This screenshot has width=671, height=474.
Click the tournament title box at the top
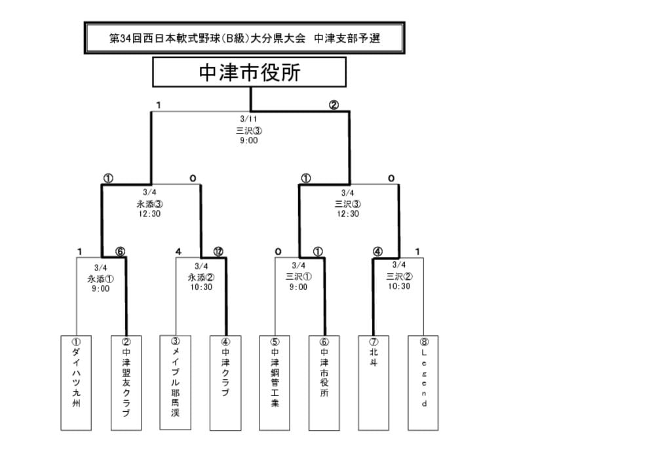244,38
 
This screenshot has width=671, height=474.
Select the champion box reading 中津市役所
249,72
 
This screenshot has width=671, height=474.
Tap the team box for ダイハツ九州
76,383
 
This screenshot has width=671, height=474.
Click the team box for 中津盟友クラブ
126,383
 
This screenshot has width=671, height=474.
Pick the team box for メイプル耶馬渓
176,382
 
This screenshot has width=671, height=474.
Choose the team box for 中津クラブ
225,383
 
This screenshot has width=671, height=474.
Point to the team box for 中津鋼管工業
275,383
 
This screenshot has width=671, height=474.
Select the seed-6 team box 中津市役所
324,383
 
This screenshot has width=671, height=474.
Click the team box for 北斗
374,383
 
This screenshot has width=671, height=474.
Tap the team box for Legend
423,383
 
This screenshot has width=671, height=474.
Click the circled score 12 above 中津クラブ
218,251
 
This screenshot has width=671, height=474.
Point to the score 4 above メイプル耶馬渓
178,251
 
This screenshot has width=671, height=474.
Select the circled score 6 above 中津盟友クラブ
120,251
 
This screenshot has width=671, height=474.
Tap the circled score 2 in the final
334,105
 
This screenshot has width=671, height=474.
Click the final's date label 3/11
248,119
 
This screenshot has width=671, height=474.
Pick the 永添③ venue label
149,204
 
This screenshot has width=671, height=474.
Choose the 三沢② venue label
398,276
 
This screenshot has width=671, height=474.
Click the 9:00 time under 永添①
100,289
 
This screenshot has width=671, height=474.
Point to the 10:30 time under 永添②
201,287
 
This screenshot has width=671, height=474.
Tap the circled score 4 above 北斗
377,251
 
